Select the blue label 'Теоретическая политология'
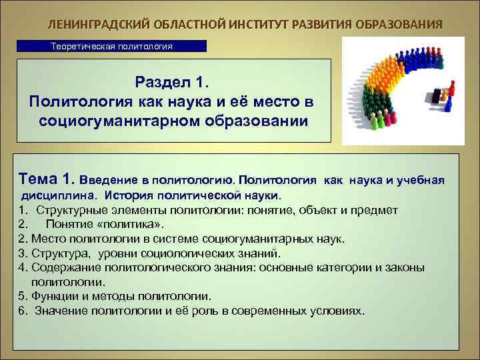(112, 47)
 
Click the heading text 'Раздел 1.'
(173, 83)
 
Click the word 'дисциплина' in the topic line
(59, 196)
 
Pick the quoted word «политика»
(133, 224)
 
